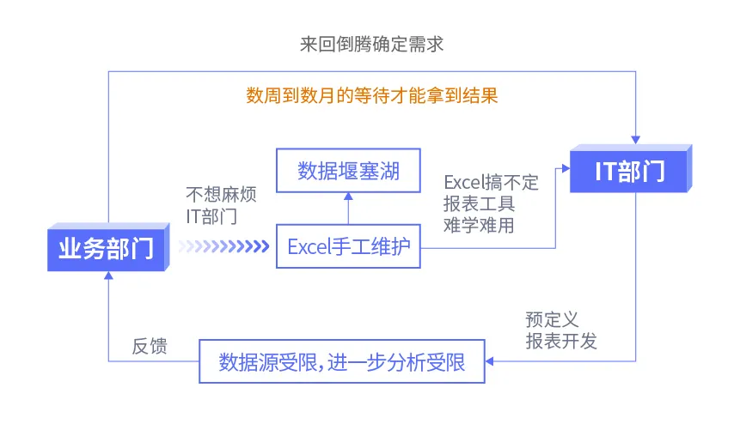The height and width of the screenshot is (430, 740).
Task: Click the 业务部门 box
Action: pos(106,248)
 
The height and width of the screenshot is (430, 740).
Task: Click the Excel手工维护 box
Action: pos(348,247)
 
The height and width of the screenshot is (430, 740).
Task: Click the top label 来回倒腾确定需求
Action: pos(371,45)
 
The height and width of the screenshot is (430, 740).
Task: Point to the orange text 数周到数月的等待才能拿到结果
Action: pos(371,94)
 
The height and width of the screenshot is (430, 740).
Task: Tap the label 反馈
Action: pos(149,346)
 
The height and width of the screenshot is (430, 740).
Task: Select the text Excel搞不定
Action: pos(491,182)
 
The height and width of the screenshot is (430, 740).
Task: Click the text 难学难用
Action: pos(479,225)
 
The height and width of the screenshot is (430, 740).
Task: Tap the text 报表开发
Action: pos(560,341)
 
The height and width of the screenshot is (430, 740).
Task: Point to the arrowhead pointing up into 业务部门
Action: pos(108,276)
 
